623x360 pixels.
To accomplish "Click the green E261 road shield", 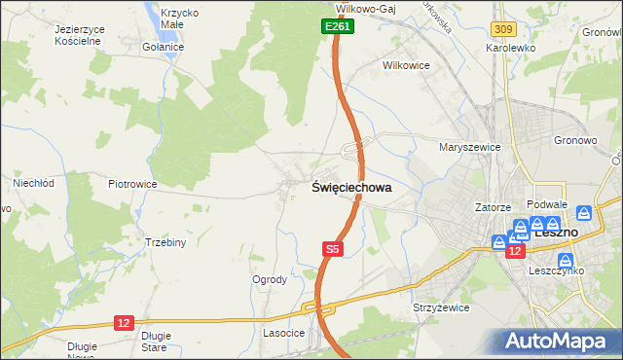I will (337, 27).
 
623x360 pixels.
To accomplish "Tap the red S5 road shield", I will (332, 250).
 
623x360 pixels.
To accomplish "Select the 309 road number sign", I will (502, 32).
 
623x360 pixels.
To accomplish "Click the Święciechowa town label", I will (351, 190).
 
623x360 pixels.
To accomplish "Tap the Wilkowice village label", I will (407, 66).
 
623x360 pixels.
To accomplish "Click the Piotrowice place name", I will (132, 183).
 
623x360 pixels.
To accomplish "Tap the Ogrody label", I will (270, 279).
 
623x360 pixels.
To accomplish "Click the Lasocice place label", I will (284, 333).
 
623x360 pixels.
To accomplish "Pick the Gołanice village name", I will (163, 46).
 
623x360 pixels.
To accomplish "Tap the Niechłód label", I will (31, 182).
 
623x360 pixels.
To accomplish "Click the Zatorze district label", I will (493, 207).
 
